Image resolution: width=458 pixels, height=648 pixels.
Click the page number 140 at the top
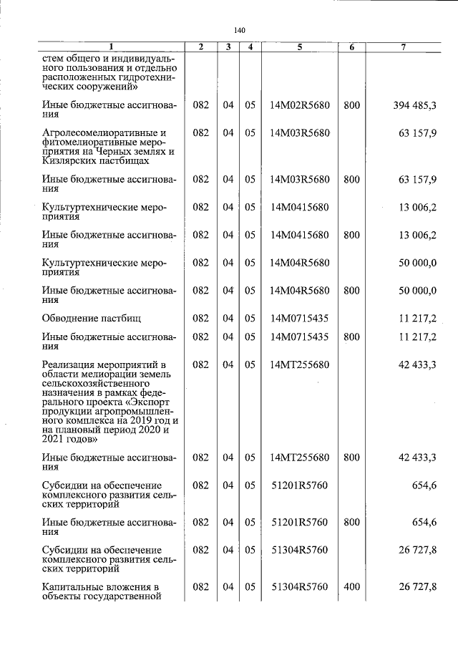(239, 30)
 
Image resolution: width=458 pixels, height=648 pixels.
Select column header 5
(299, 47)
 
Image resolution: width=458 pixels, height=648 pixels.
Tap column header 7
(404, 47)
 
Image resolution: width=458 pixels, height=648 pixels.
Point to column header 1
(110, 47)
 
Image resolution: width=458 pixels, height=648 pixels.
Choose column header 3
(228, 47)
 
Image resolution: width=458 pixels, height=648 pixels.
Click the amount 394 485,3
(415, 105)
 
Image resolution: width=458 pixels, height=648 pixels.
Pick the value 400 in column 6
(351, 587)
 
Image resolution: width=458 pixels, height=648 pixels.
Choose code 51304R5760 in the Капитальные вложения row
(299, 587)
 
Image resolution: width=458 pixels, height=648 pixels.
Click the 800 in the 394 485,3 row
(351, 105)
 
